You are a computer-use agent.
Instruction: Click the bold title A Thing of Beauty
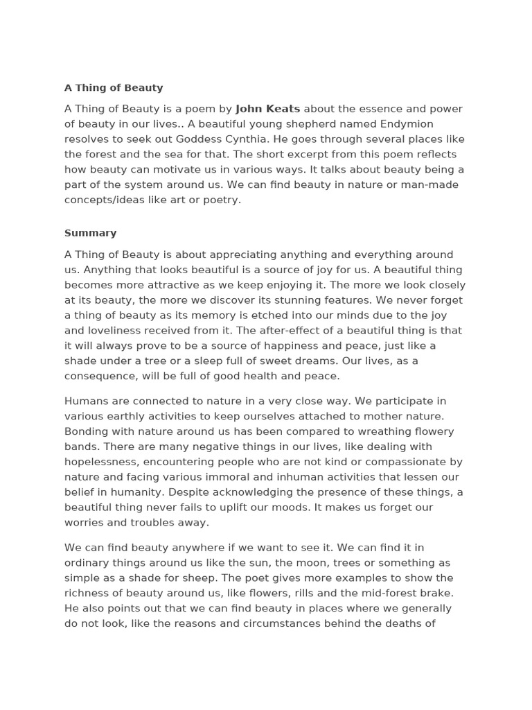pyautogui.click(x=114, y=88)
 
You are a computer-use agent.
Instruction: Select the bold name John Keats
pyautogui.click(x=267, y=109)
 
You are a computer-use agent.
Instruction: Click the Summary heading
pyautogui.click(x=90, y=233)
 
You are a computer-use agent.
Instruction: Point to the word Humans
pyautogui.click(x=85, y=401)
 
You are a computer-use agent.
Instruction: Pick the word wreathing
pyautogui.click(x=386, y=431)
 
